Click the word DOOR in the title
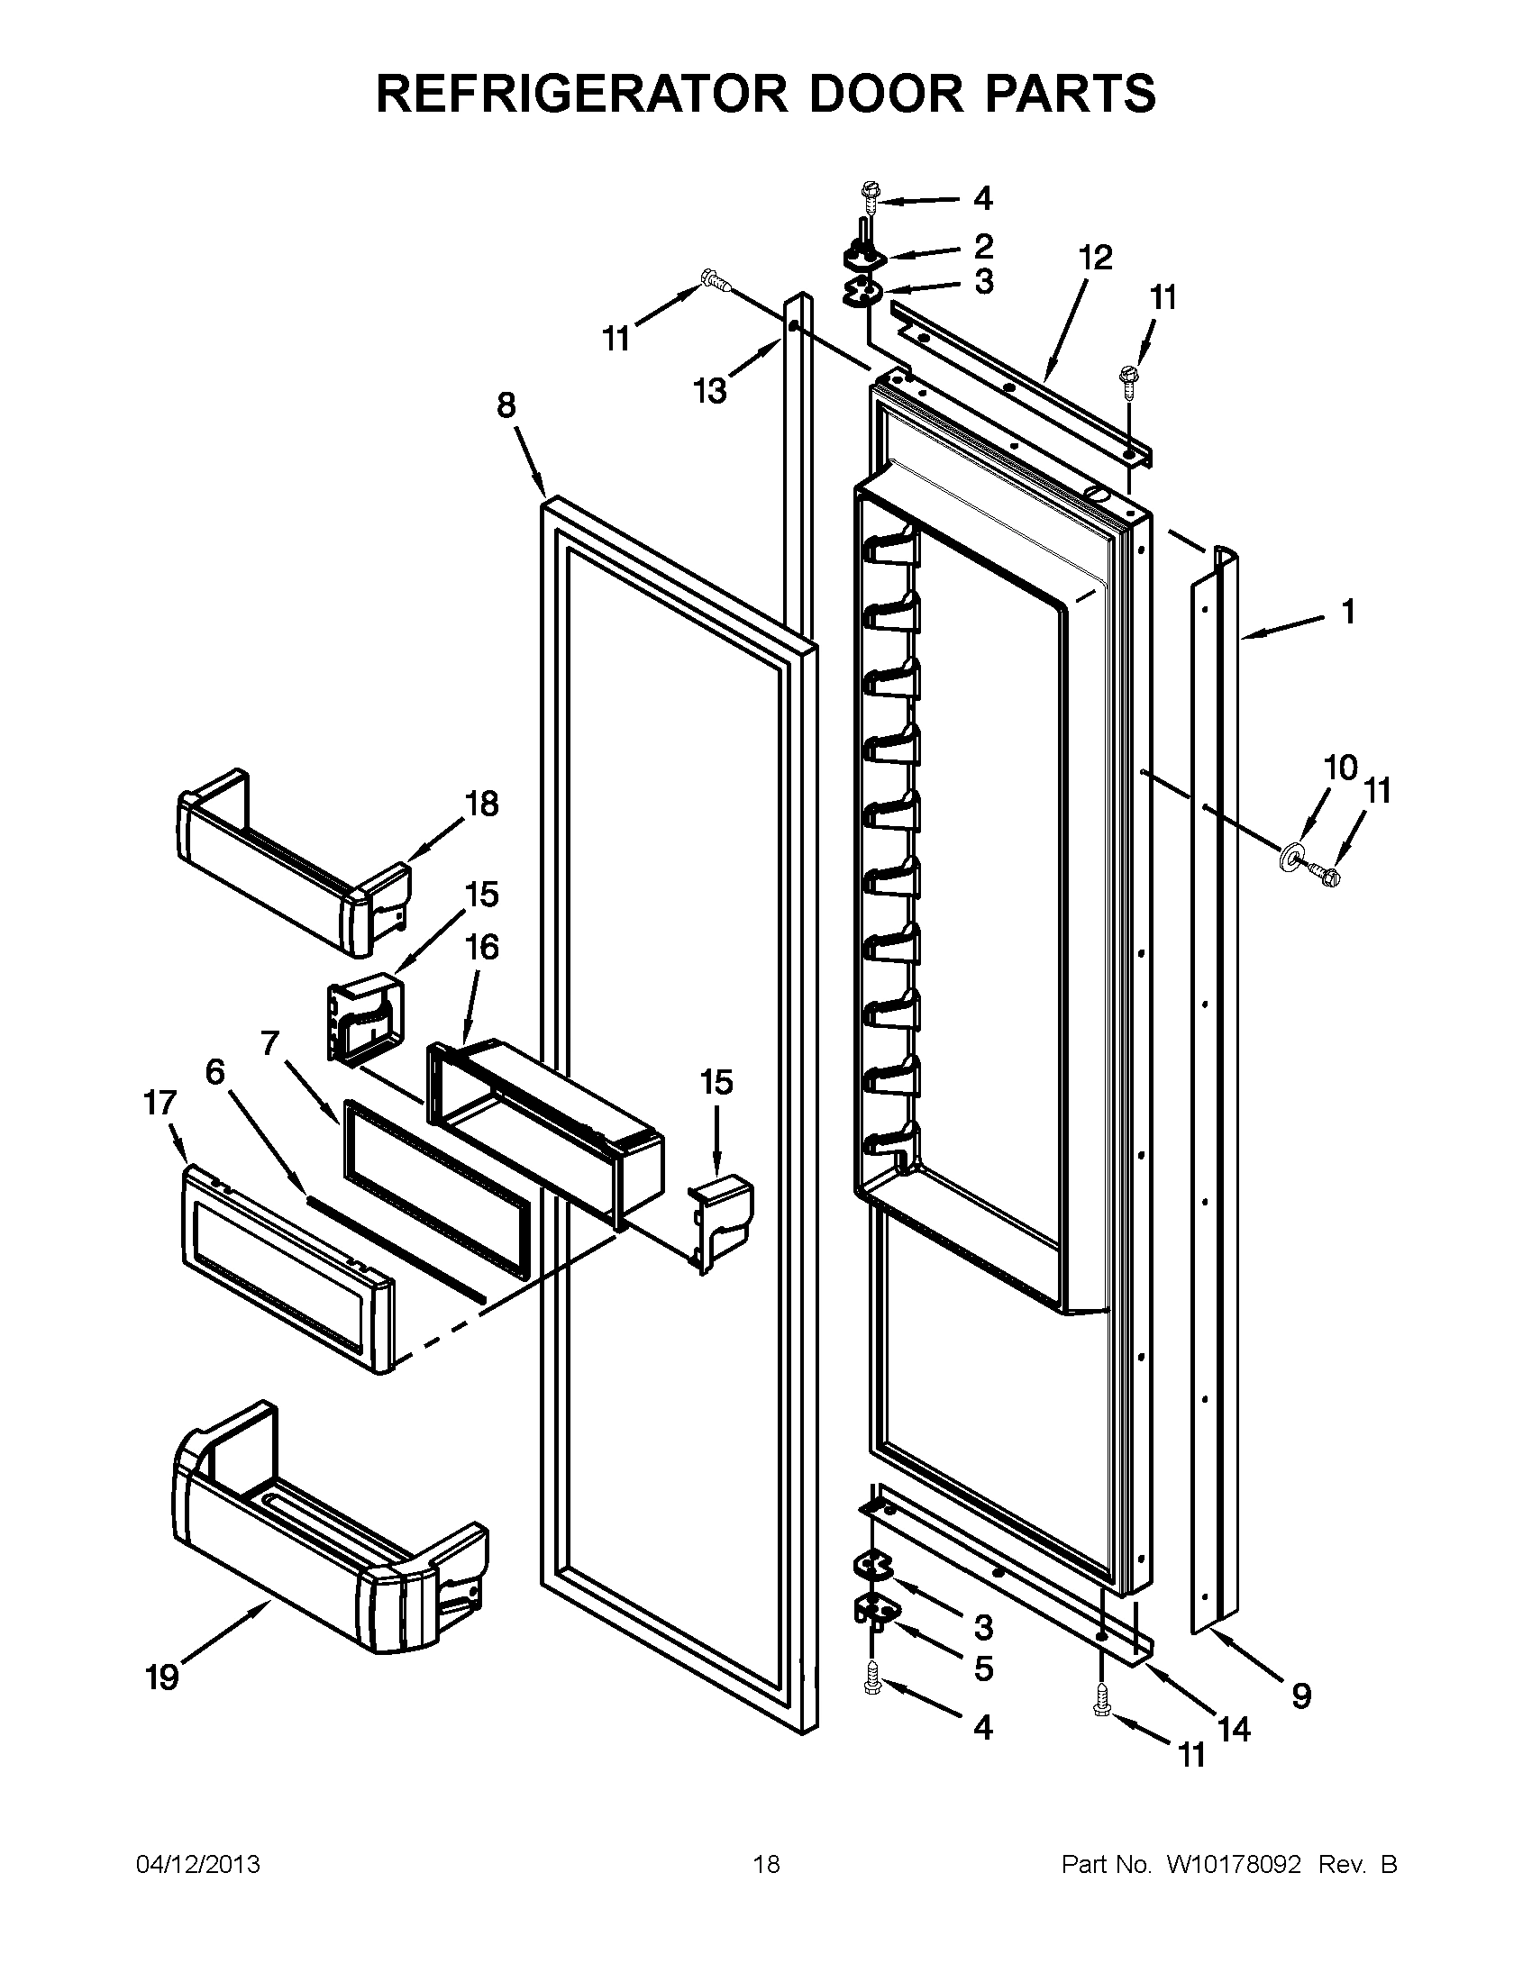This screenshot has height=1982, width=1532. click(875, 93)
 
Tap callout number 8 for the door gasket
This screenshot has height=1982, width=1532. click(506, 405)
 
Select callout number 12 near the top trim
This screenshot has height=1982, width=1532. click(1096, 258)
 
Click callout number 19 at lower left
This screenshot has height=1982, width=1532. click(162, 1679)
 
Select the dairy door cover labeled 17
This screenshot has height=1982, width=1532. click(286, 1270)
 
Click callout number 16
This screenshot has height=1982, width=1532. click(482, 948)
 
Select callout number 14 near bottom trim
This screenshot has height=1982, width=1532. click(1234, 1730)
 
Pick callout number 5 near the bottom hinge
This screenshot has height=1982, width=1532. click(983, 1668)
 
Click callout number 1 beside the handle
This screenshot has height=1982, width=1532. click(1349, 612)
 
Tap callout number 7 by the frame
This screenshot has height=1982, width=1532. click(269, 1043)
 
